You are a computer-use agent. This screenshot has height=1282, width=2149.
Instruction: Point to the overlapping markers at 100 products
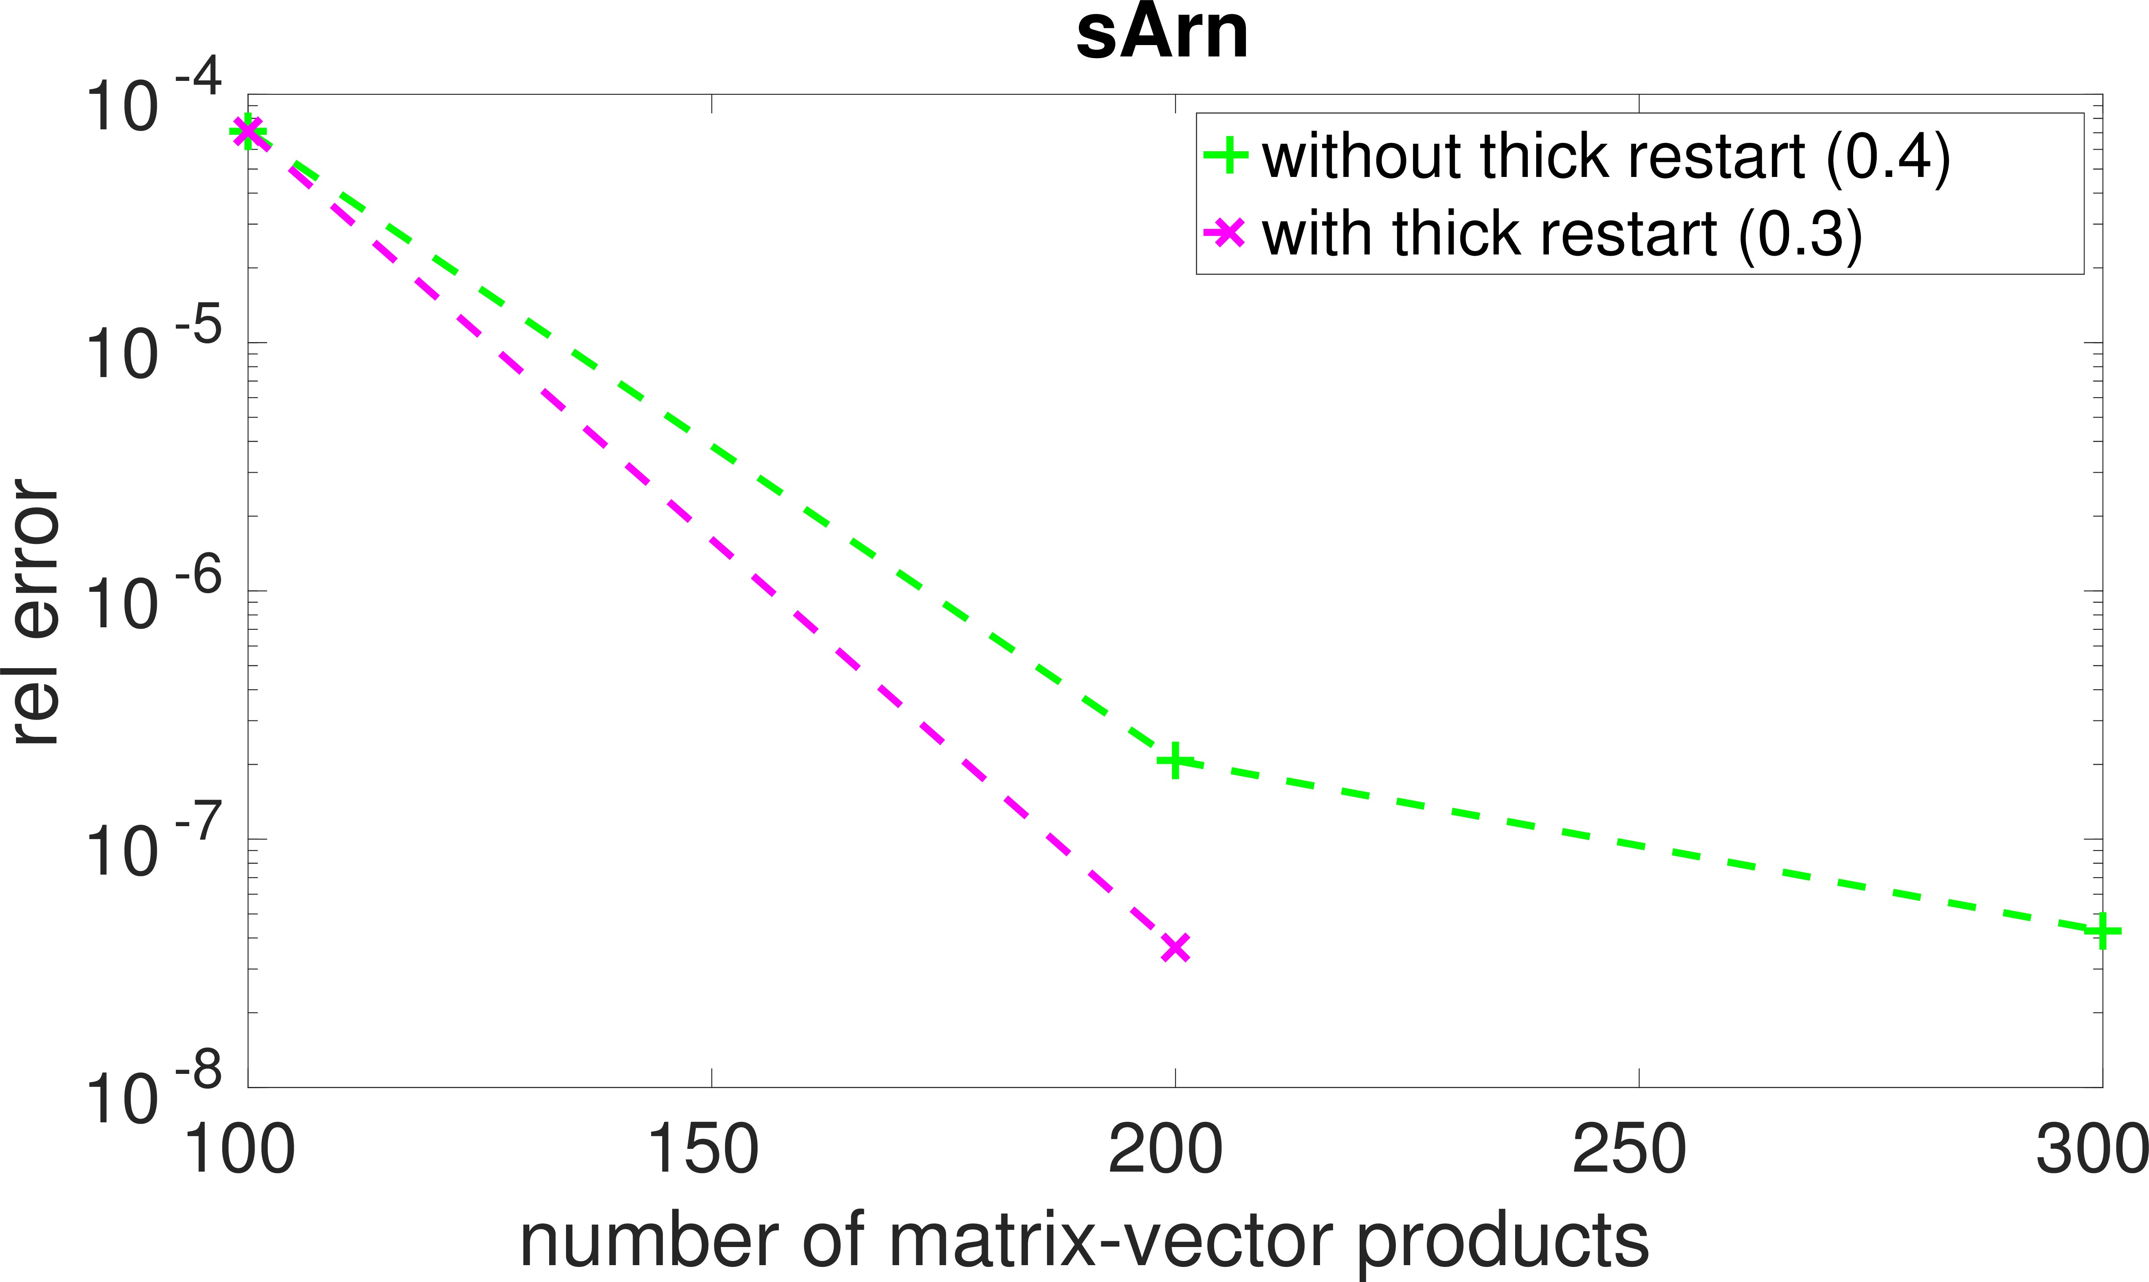click(248, 131)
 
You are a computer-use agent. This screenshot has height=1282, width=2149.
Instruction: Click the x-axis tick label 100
click(239, 1150)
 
